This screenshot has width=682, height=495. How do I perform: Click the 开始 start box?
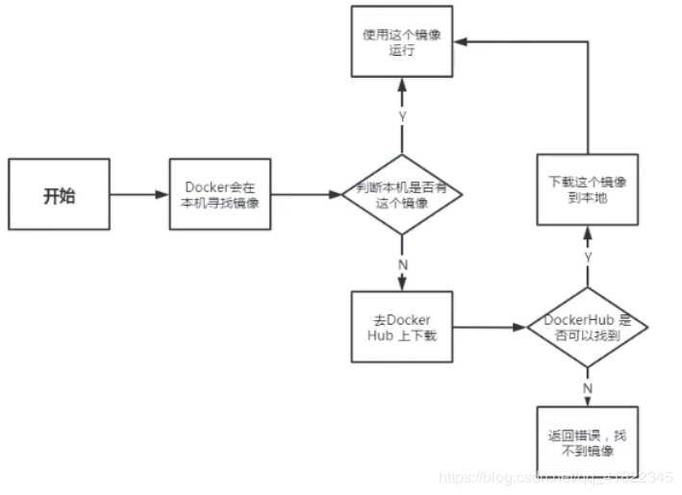60,195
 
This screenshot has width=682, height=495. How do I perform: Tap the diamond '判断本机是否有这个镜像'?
402,194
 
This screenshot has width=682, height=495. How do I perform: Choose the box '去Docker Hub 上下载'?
402,327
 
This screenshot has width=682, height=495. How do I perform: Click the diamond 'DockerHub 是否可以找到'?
587,327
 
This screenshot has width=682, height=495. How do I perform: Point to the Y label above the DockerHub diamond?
586,258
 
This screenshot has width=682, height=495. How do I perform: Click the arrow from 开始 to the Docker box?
138,195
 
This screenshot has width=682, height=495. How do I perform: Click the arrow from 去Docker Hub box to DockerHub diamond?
488,328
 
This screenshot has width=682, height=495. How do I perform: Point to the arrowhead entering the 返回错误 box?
586,403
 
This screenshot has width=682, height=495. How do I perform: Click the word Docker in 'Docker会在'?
204,186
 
